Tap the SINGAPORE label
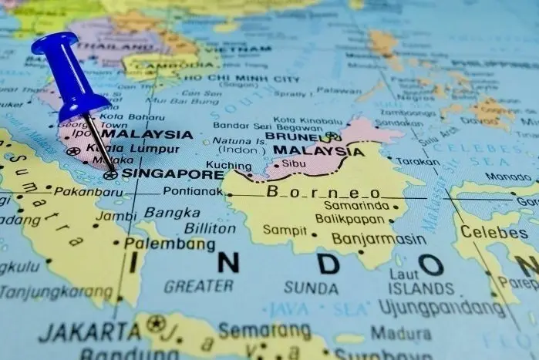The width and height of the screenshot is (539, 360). tap(172, 173)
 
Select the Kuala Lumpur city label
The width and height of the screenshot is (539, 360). tap(133, 149)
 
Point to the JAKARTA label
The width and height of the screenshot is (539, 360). tap(90, 332)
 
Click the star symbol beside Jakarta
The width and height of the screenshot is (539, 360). tap(155, 324)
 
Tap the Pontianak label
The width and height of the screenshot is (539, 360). tap(193, 191)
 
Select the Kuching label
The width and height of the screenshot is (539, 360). tap(229, 165)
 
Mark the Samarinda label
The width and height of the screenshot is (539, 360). tap(355, 206)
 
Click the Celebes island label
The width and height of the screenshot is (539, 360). tap(494, 232)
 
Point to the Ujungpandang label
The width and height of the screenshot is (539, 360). tap(431, 308)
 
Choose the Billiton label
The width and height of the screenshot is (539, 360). tap(210, 228)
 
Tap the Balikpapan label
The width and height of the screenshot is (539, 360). tap(349, 219)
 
